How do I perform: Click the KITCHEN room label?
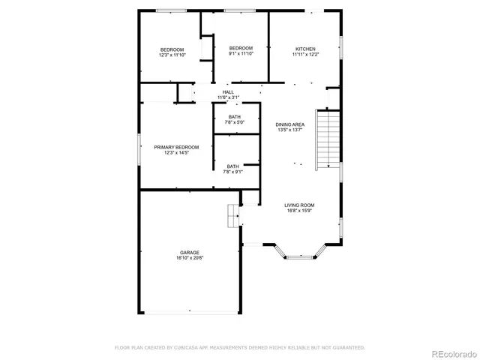pyautogui.click(x=305, y=49)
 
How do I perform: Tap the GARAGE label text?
pyautogui.click(x=189, y=252)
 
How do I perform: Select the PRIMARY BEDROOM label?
pyautogui.click(x=176, y=147)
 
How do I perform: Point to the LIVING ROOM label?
pyautogui.click(x=298, y=205)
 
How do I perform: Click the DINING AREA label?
pyautogui.click(x=289, y=124)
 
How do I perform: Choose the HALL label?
pyautogui.click(x=227, y=92)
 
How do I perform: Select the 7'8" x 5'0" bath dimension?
pyautogui.click(x=234, y=122)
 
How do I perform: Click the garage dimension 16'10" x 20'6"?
pyautogui.click(x=189, y=258)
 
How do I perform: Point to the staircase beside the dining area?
pyautogui.click(x=328, y=139)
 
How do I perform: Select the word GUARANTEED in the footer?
pyautogui.click(x=348, y=347)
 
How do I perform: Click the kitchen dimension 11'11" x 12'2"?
pyautogui.click(x=305, y=55)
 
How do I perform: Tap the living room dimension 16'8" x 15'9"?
pyautogui.click(x=298, y=211)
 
